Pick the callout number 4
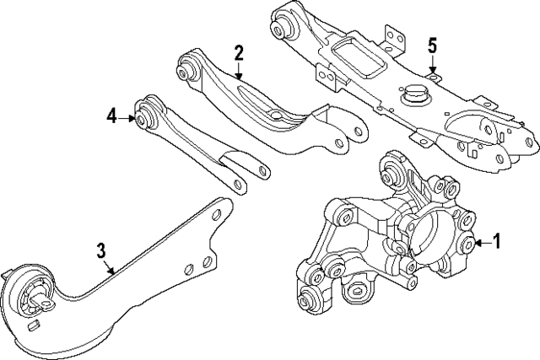pyautogui.click(x=111, y=118)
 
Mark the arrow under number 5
pyautogui.click(x=432, y=67)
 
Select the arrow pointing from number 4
pyautogui.click(x=128, y=118)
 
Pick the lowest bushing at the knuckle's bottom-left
pyautogui.click(x=307, y=297)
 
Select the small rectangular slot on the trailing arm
pyautogui.click(x=35, y=323)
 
